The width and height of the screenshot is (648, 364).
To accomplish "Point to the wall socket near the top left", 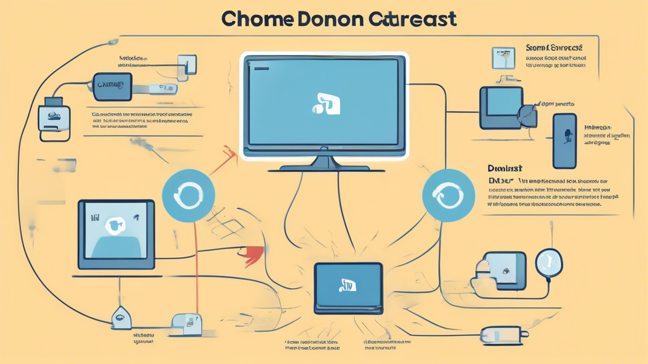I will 187,65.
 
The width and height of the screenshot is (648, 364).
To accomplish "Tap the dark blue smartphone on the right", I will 565,140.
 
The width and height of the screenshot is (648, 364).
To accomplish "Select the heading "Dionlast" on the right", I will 505,169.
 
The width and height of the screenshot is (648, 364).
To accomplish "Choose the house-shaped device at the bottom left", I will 121,318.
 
